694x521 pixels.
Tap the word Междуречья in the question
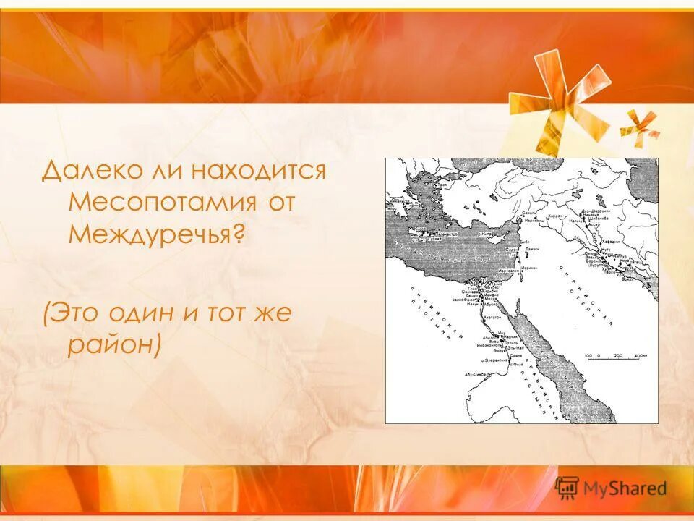click(x=151, y=233)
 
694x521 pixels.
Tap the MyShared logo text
click(x=624, y=489)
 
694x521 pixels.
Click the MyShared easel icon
click(x=567, y=488)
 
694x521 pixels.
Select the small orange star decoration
click(x=639, y=124)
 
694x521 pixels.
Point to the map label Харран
click(x=554, y=216)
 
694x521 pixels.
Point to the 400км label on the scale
click(x=640, y=356)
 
